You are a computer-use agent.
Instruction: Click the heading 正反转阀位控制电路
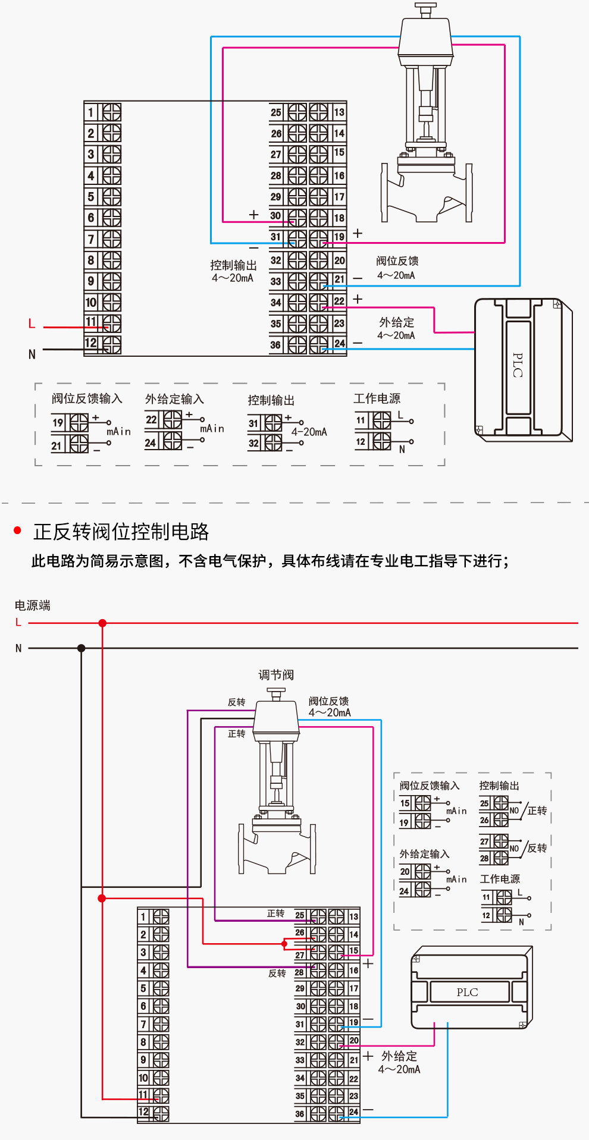pos(121,532)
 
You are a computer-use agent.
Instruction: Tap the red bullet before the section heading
pos(18,530)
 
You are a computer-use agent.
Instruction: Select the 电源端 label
pos(32,605)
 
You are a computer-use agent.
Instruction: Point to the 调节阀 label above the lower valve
pos(276,675)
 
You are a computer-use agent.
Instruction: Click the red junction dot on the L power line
pos(102,623)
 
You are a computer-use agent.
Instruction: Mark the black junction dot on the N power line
pos(82,648)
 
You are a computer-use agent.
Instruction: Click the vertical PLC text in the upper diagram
pos(518,365)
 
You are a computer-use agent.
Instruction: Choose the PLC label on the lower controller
pos(467,992)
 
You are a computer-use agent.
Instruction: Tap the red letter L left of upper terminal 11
pos(32,324)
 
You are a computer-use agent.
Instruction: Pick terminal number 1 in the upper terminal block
pos(91,112)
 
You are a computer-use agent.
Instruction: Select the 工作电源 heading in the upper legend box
pos(377,398)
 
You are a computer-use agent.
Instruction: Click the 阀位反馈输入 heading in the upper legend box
pos(87,398)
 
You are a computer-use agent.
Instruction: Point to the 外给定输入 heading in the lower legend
pos(424,854)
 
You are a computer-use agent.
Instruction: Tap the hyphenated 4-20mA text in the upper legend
pos(309,432)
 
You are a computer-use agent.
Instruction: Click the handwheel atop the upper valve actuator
pos(425,8)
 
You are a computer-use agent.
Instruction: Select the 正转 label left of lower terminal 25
pos(275,913)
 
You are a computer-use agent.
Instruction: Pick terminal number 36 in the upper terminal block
pos(275,345)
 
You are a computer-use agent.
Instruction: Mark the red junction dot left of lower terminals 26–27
pos(284,944)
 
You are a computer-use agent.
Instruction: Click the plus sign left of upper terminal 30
pos(254,215)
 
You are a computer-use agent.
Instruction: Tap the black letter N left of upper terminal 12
pos(32,354)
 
